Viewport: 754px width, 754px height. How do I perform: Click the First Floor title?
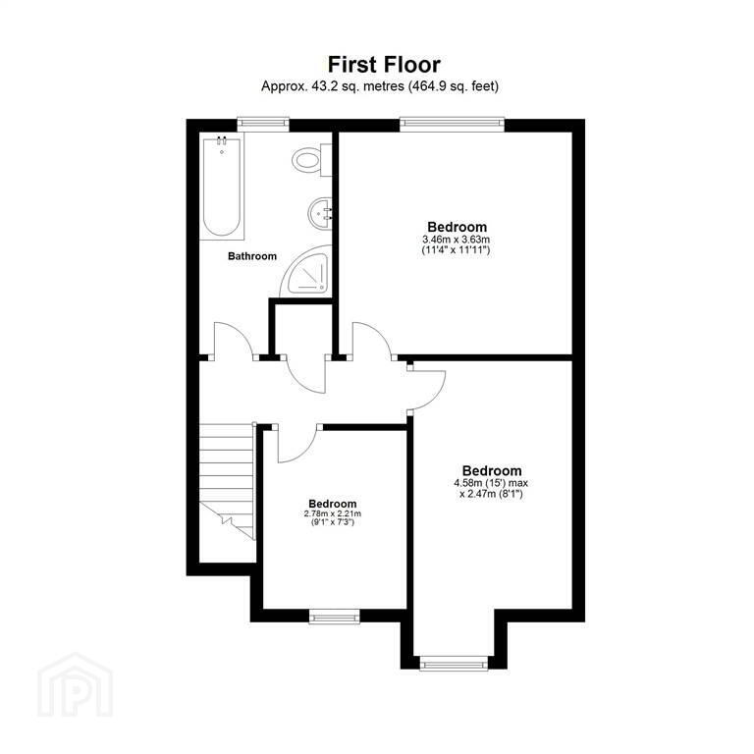(384, 65)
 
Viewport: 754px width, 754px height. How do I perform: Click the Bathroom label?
(252, 256)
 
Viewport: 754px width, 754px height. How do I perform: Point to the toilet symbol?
(311, 160)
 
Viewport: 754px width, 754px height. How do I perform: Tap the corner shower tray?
(306, 272)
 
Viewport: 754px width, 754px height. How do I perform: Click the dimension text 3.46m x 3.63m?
(456, 239)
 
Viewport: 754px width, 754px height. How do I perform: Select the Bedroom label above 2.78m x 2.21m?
(333, 504)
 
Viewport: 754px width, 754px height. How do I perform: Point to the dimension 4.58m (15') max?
(491, 483)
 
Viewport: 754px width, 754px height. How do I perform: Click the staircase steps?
(227, 481)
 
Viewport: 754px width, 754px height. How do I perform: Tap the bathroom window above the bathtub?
(263, 125)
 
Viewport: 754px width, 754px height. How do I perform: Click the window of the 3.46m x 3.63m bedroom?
(452, 125)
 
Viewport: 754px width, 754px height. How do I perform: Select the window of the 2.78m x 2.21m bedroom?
(334, 616)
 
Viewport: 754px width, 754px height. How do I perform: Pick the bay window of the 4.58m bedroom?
(454, 663)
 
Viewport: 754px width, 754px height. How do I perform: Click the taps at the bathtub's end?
(222, 141)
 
